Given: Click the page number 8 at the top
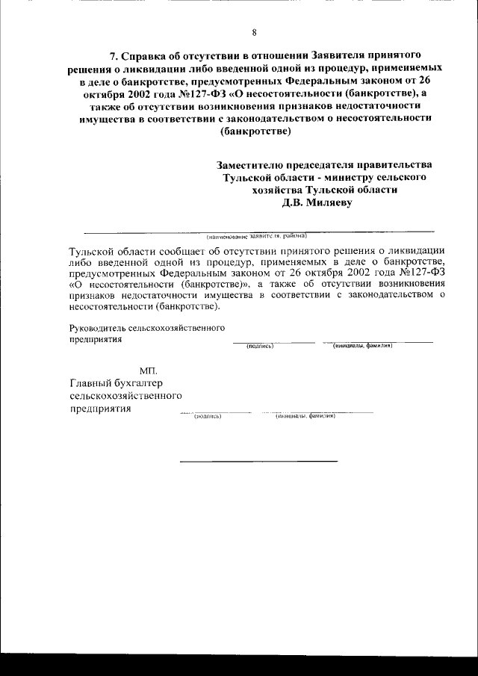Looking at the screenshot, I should (254, 32).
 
